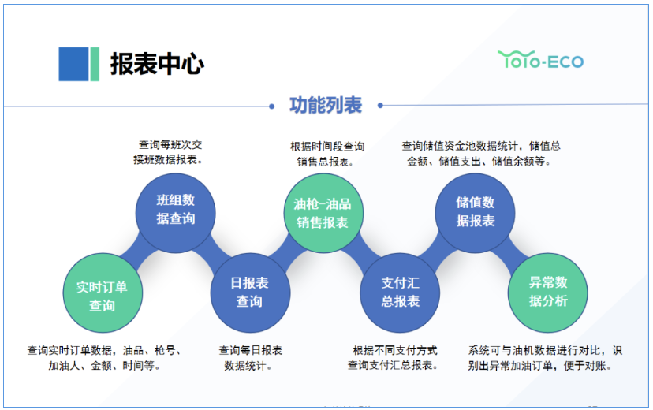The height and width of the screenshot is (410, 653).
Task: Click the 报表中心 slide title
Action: coord(157,64)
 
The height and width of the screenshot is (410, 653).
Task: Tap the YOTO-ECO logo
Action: coord(540,60)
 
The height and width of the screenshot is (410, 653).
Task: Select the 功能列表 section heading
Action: coord(326,105)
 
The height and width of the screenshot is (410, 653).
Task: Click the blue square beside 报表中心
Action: coord(73,64)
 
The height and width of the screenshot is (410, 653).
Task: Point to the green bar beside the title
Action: coord(95,64)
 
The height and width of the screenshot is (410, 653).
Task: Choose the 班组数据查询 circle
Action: coord(175,210)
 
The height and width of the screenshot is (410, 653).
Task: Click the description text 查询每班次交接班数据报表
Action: coord(170,152)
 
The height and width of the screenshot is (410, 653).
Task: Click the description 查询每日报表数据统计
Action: coord(250,358)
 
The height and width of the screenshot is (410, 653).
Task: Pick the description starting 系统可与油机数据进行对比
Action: coord(545,358)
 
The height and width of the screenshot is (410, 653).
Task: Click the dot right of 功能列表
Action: coord(380,105)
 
